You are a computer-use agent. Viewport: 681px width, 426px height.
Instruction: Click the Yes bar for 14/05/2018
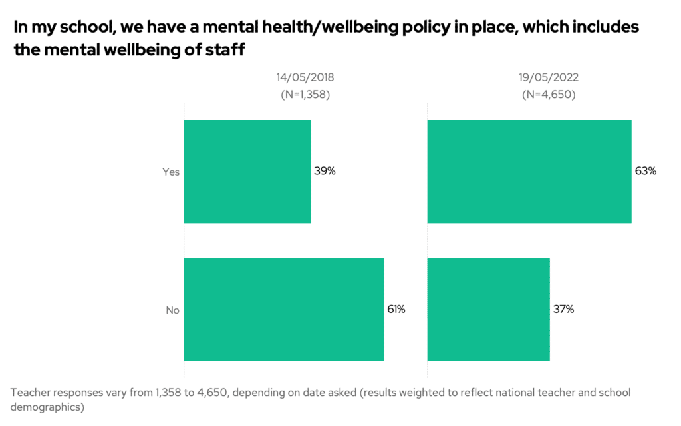247,171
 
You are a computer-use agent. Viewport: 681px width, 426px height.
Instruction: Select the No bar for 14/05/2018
283,310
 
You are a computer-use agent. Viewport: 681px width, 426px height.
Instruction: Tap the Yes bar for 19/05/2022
529,171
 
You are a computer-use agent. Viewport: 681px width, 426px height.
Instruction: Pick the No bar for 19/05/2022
488,310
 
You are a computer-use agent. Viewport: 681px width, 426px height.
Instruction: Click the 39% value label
325,171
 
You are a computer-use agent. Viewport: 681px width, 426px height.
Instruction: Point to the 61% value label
396,310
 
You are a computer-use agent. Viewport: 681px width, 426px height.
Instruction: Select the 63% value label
645,171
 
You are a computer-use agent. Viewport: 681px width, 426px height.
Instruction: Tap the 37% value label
563,310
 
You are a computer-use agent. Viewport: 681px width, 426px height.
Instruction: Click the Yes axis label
171,172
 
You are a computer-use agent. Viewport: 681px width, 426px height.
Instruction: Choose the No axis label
172,310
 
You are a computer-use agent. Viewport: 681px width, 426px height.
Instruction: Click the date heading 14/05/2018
305,77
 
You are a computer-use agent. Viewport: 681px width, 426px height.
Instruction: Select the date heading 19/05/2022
549,77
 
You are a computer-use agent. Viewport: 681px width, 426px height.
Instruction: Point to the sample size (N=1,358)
305,94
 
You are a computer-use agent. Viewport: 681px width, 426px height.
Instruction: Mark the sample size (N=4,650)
549,94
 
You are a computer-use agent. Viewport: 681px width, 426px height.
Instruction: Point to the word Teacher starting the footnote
31,392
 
